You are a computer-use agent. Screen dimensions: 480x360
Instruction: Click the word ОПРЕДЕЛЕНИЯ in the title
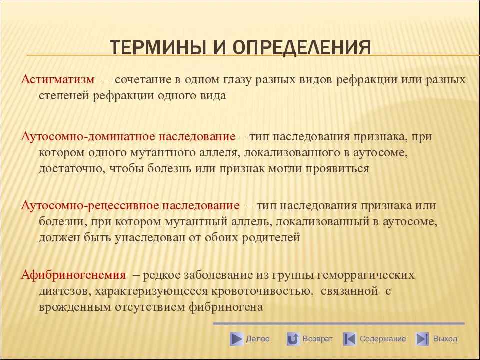(302, 47)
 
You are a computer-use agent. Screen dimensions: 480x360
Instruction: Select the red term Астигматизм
(58, 79)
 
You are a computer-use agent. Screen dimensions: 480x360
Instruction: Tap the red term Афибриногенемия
(73, 275)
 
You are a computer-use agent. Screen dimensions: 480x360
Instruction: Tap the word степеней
(64, 96)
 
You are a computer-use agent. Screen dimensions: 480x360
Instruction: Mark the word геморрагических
(366, 275)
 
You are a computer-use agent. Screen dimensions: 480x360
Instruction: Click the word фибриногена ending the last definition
(226, 307)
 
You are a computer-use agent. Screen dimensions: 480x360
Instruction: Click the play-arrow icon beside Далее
(236, 339)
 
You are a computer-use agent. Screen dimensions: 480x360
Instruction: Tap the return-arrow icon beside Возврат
(293, 339)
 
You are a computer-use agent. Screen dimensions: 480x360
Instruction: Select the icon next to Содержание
(350, 339)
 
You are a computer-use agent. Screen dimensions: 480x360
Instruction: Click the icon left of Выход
(422, 339)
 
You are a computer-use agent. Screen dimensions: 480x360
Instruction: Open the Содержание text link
(383, 339)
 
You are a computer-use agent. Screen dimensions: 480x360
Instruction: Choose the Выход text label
(445, 339)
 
